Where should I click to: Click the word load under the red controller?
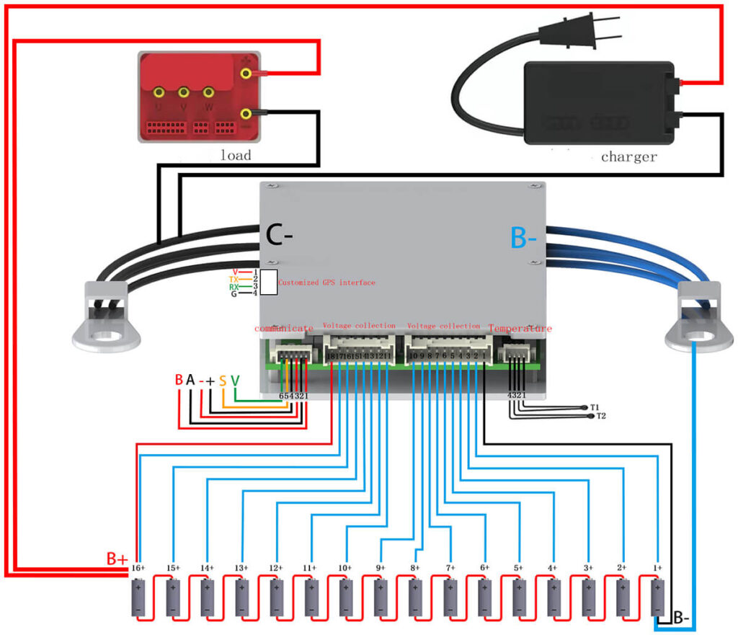pos(236,154)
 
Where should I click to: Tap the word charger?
pos(628,156)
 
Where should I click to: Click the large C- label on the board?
pos(280,235)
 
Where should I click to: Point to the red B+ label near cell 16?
pos(117,559)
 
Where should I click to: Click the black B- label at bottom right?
pos(684,618)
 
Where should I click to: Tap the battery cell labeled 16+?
pos(137,598)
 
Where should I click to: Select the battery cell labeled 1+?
pos(657,598)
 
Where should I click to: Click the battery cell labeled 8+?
pos(414,598)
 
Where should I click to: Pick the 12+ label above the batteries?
pos(275,569)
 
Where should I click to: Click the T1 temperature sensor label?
pos(595,407)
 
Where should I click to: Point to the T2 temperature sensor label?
pos(601,417)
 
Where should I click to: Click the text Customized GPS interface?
pos(326,283)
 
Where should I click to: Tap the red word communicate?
pos(283,328)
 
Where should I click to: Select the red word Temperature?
pos(520,328)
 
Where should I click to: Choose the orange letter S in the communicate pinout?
pos(223,380)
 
